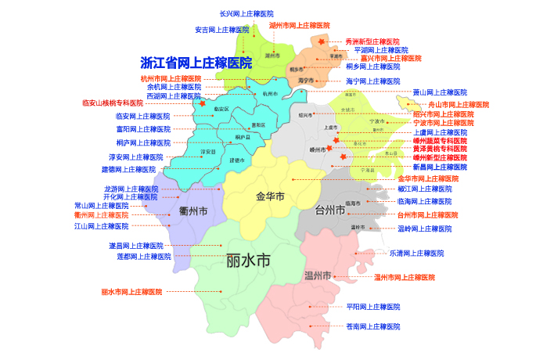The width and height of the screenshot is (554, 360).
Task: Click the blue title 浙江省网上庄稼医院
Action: (196, 63)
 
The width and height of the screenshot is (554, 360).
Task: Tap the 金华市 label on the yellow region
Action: (270, 196)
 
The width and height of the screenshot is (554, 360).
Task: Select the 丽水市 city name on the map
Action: (247, 260)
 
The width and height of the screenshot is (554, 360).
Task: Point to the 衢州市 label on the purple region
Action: (192, 211)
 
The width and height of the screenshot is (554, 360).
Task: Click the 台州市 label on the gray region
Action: (330, 210)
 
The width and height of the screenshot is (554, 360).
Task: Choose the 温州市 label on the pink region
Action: (318, 275)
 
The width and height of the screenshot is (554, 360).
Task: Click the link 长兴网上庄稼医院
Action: (246, 14)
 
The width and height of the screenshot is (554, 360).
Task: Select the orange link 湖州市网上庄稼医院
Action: (300, 25)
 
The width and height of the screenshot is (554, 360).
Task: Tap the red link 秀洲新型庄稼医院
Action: (372, 41)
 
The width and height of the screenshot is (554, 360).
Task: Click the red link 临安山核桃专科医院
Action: (113, 103)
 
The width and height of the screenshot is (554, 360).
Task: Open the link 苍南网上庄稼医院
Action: (373, 326)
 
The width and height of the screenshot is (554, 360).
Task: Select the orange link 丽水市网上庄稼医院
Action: (131, 292)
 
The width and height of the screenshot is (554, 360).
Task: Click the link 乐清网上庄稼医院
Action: (416, 254)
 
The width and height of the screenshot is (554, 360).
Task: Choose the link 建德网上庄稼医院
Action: (128, 169)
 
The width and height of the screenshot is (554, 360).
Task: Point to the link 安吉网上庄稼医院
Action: (222, 30)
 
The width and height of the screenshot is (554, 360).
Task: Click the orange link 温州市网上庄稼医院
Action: (404, 277)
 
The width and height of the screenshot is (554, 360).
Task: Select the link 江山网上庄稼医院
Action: (101, 226)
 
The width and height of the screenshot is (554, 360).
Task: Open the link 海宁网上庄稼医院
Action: (372, 81)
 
